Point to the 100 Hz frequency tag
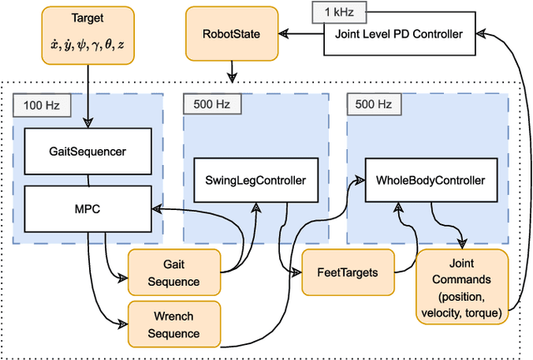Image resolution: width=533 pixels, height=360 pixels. coord(41,106)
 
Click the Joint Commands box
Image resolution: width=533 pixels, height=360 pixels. coord(461,286)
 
